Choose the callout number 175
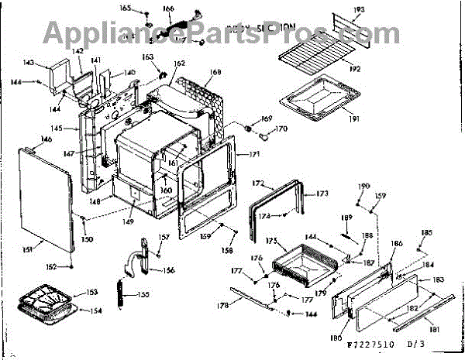[x=270, y=242]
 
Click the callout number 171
[x=254, y=155]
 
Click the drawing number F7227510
[x=372, y=343]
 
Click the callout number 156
[x=168, y=270]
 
